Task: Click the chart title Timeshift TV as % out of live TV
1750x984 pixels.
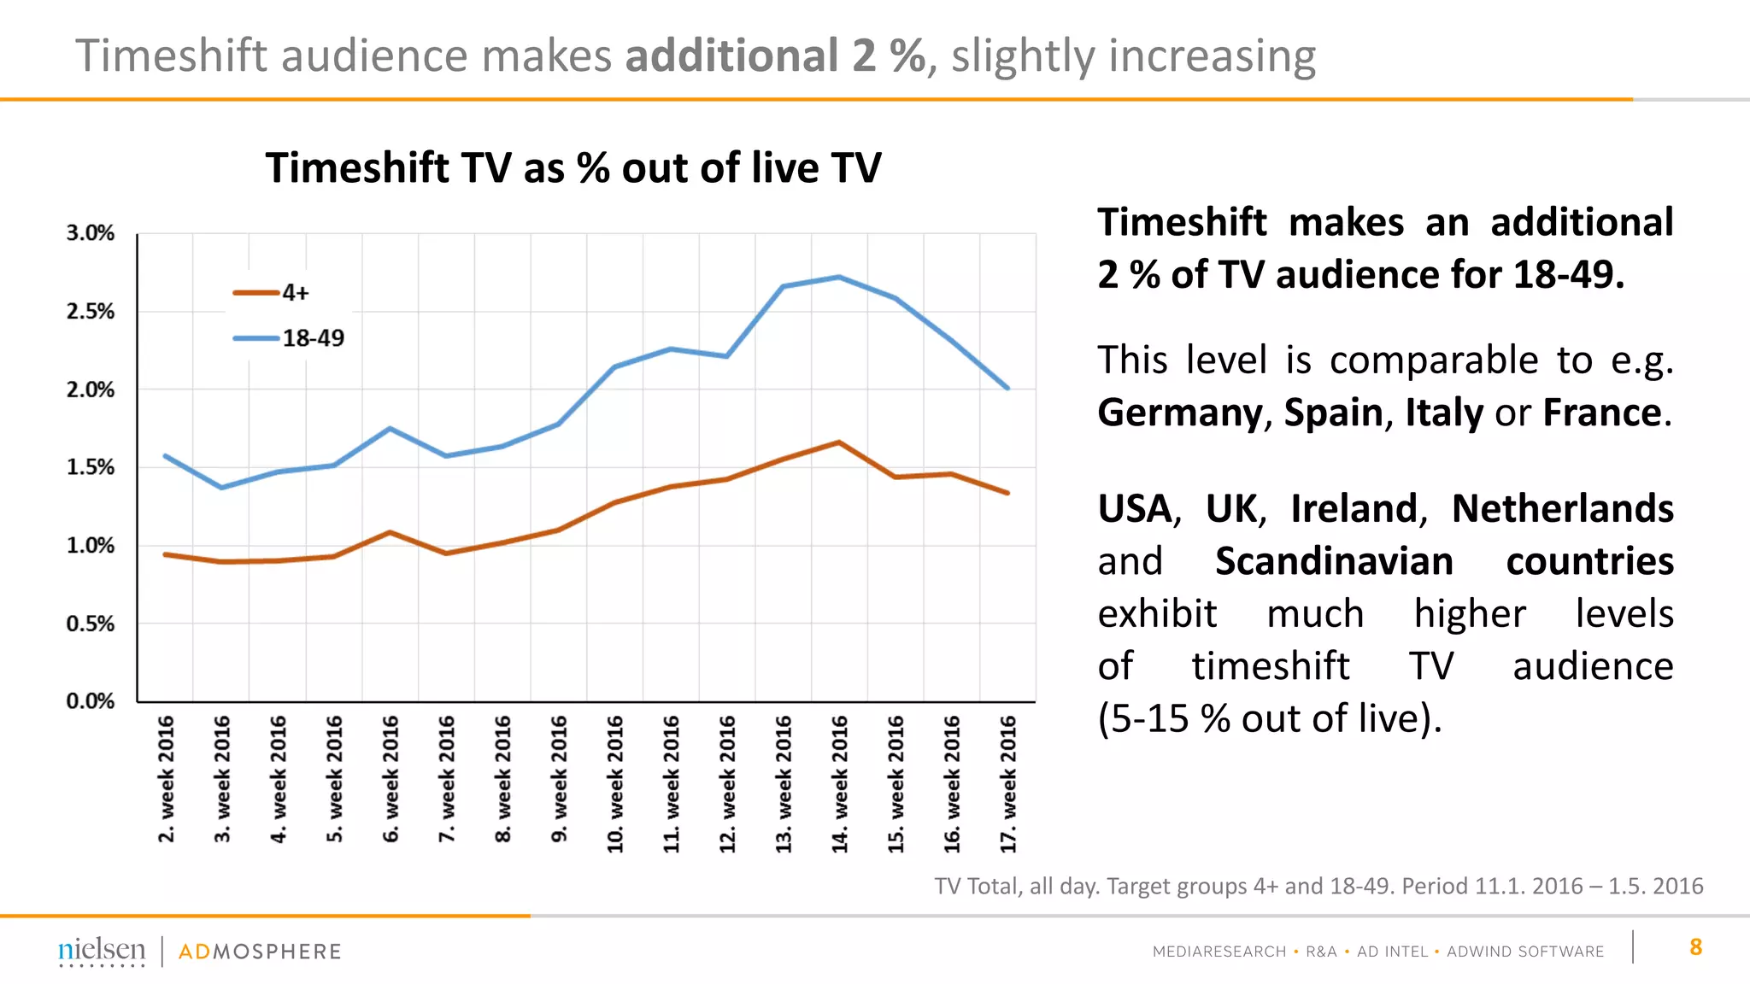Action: point(573,167)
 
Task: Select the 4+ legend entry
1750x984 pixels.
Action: point(272,293)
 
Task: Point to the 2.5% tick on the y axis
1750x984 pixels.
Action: point(90,312)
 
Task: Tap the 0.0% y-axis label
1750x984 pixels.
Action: point(90,701)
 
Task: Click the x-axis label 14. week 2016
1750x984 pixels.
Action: point(840,783)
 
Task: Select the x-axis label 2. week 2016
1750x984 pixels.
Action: point(166,778)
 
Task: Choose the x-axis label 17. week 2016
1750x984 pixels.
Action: point(1008,783)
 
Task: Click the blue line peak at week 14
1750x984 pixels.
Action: point(839,277)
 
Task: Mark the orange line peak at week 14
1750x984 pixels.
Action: point(839,442)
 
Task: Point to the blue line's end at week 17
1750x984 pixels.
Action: point(1008,388)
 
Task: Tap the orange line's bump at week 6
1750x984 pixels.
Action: point(391,532)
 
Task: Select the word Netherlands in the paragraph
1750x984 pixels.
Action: point(1562,509)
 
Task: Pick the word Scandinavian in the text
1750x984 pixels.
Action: point(1334,562)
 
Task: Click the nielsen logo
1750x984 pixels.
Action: point(102,950)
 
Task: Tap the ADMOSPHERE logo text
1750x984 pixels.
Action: point(260,952)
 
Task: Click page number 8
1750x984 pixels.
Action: point(1695,947)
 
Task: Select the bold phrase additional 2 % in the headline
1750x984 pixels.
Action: point(775,56)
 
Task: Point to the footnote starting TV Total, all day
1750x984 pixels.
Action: point(1318,886)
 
